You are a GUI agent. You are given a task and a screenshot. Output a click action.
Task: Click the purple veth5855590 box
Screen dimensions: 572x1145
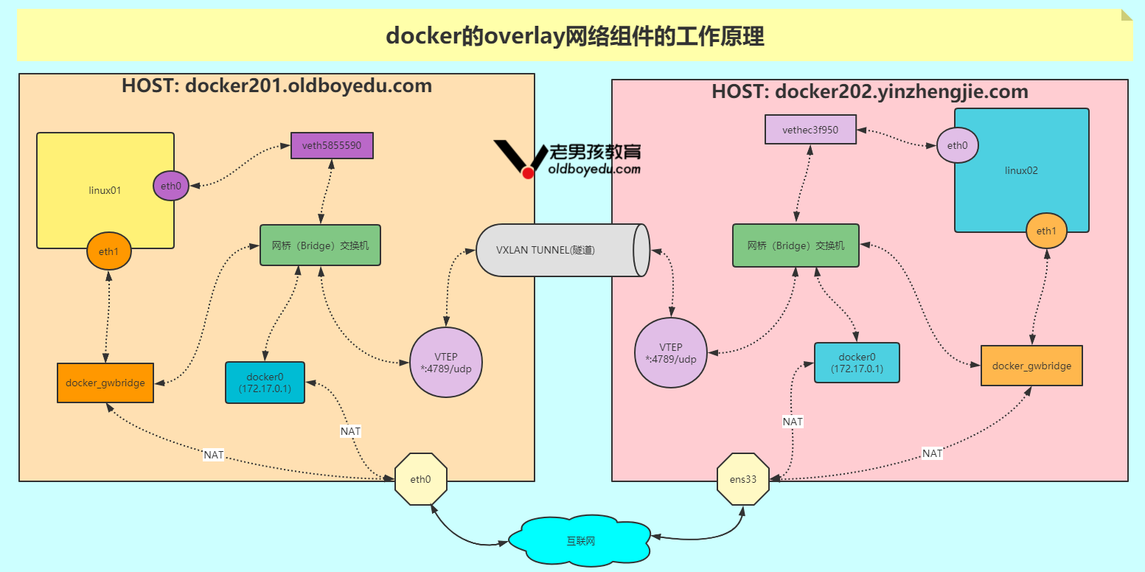click(x=332, y=145)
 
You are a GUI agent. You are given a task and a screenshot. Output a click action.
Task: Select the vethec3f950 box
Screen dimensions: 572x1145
click(x=810, y=130)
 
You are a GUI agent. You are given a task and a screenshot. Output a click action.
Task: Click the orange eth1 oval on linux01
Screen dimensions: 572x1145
click(x=108, y=252)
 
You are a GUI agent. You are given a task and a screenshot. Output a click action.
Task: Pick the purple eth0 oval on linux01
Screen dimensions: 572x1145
click(x=170, y=186)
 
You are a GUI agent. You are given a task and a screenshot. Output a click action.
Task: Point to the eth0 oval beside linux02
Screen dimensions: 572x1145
click(x=957, y=145)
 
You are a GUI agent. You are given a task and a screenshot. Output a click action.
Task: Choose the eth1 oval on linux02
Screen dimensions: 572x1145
click(x=1046, y=231)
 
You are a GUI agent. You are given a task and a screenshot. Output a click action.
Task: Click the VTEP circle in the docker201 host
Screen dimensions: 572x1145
click(x=445, y=362)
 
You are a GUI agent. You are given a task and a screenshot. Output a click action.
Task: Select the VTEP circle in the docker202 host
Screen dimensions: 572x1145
click(x=670, y=352)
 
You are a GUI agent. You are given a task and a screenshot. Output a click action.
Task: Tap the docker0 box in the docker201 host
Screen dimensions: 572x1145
click(x=265, y=383)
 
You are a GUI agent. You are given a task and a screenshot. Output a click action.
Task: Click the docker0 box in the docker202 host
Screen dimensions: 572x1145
click(x=857, y=363)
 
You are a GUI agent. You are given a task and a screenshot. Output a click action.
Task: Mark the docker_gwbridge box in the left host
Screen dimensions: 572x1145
click(x=105, y=383)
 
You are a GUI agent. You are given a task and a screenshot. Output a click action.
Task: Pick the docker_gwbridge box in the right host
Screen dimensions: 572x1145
click(x=1031, y=366)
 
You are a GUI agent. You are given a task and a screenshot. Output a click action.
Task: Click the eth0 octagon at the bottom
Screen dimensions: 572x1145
click(x=420, y=479)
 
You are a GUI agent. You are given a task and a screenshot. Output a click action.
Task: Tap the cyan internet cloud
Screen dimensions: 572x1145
click(x=580, y=541)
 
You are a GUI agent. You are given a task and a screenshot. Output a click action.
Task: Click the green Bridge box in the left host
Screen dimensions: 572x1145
click(x=320, y=245)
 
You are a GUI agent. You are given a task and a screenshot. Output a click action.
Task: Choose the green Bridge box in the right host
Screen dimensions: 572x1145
click(x=796, y=245)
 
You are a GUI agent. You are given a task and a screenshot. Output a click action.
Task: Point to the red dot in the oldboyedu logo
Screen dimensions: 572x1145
click(x=528, y=172)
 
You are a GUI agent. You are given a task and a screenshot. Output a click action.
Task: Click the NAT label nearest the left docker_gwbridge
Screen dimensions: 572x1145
click(x=213, y=455)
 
